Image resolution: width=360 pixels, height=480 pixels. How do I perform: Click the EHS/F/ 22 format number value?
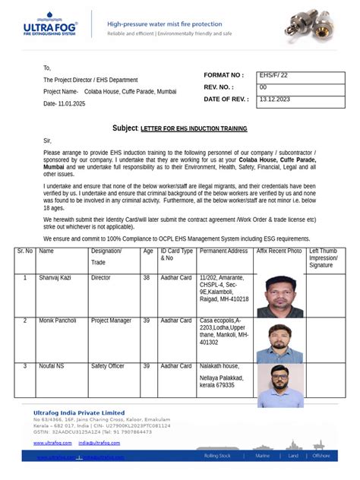pos(274,75)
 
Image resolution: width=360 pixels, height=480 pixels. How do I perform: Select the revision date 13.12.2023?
pos(275,99)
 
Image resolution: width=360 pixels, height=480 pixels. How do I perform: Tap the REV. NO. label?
pos(221,87)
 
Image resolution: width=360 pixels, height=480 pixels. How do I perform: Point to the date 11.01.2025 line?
pos(65,103)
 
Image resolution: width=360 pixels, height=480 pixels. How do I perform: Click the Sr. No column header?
pos(25,251)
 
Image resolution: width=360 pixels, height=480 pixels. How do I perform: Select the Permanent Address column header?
pos(223,251)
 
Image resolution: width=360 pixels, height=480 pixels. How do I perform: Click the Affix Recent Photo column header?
pos(279,251)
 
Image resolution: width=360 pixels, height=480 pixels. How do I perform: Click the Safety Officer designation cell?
pos(108,366)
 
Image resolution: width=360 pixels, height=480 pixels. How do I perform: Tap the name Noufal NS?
pos(52,366)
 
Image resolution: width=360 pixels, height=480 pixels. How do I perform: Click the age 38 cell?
pos(147,278)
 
